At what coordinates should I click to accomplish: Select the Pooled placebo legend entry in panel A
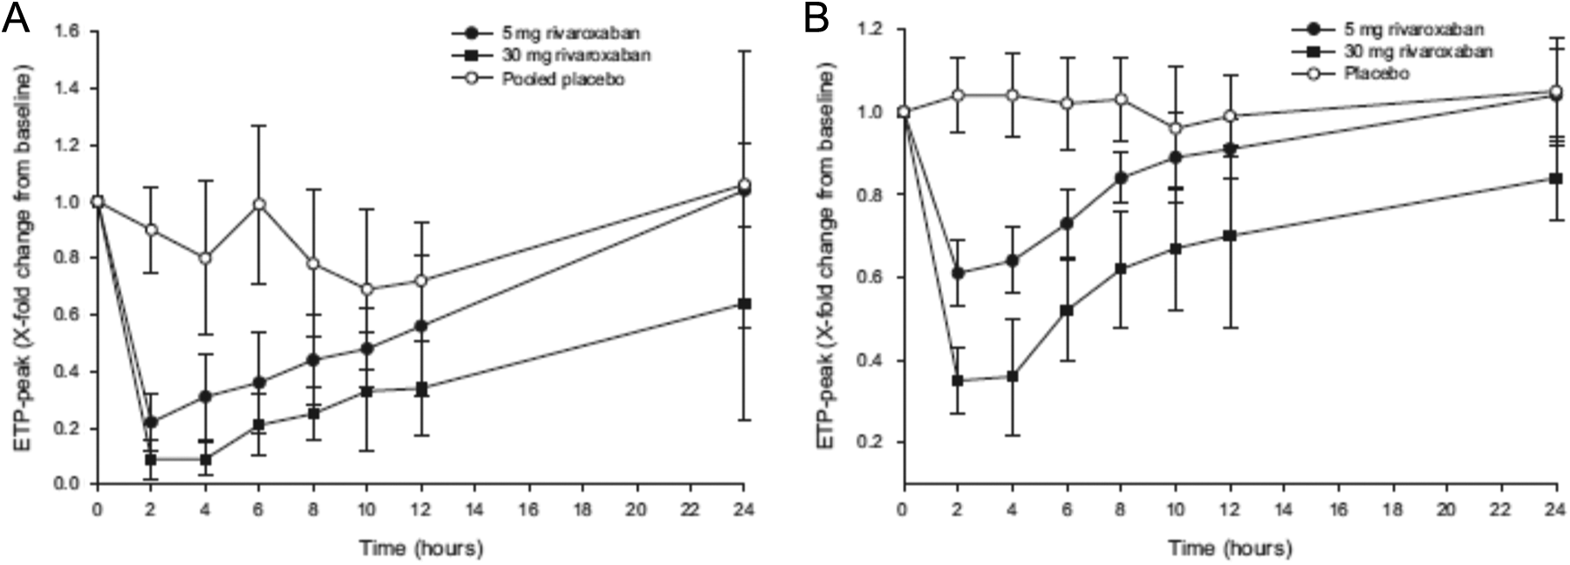pyautogui.click(x=538, y=79)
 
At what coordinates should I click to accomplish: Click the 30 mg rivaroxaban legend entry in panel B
pyautogui.click(x=1392, y=51)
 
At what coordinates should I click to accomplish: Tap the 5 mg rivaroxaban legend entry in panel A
pyautogui.click(x=546, y=33)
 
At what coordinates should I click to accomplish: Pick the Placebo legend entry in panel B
pyautogui.click(x=1351, y=74)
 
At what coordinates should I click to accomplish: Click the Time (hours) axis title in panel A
pyautogui.click(x=421, y=548)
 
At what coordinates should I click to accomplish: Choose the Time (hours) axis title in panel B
pyautogui.click(x=1230, y=548)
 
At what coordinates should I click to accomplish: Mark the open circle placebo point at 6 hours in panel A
pyautogui.click(x=259, y=204)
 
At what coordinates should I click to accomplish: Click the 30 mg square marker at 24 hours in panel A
pyautogui.click(x=744, y=303)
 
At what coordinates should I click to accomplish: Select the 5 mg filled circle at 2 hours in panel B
pyautogui.click(x=958, y=273)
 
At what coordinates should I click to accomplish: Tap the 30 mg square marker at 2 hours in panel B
pyautogui.click(x=958, y=380)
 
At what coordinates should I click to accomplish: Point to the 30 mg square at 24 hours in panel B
pyautogui.click(x=1555, y=178)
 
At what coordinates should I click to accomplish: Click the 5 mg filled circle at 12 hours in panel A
pyautogui.click(x=421, y=326)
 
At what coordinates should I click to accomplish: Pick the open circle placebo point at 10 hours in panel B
pyautogui.click(x=1175, y=128)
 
